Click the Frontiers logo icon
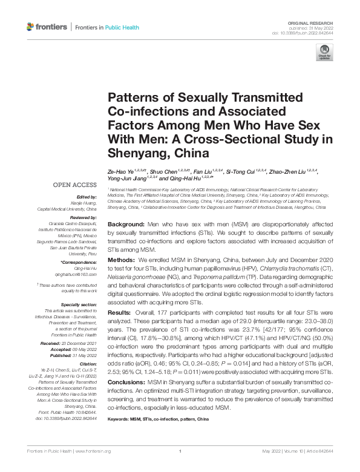tap(30, 27)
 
